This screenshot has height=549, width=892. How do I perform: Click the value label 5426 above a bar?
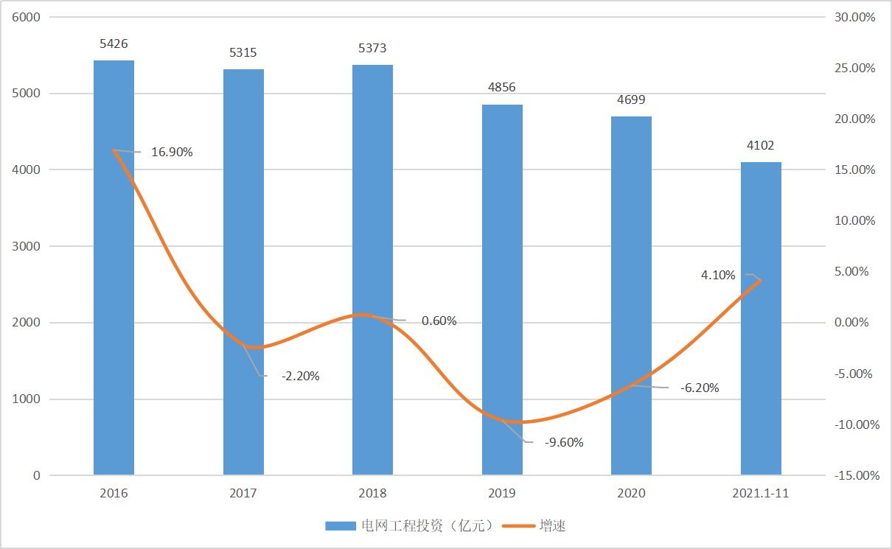(114, 44)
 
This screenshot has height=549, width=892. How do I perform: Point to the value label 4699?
(632, 100)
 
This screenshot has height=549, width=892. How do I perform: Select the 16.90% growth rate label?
(172, 153)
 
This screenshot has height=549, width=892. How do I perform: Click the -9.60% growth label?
(563, 443)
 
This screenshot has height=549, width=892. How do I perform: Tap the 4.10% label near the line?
(718, 275)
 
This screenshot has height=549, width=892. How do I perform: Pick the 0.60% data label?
(439, 321)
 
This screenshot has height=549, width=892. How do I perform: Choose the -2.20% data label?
(300, 376)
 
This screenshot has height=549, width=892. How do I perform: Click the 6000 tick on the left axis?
(27, 17)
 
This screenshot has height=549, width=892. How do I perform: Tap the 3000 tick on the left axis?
(27, 246)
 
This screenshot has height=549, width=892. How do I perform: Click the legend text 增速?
(553, 526)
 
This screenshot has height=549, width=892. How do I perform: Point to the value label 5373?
(372, 49)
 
